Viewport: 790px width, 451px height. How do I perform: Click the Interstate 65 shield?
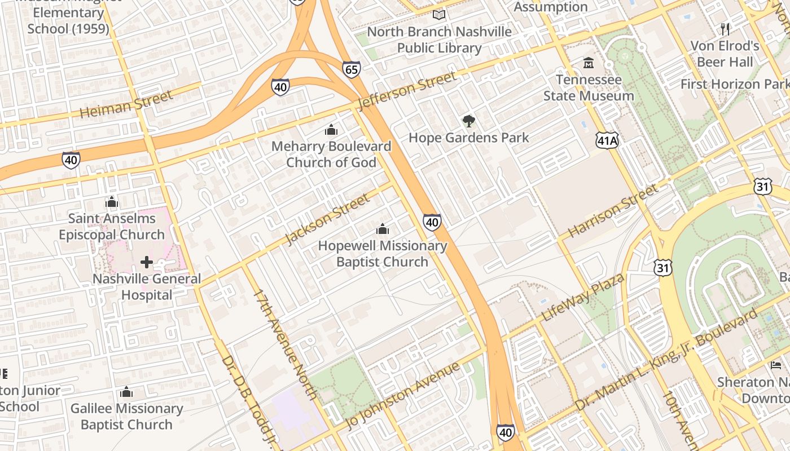(351, 69)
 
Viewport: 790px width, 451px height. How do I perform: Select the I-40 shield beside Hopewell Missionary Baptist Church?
(432, 222)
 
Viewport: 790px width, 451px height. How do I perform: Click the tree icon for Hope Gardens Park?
(468, 121)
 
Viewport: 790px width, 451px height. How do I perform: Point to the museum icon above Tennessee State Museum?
(589, 63)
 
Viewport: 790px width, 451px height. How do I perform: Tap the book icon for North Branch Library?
(439, 15)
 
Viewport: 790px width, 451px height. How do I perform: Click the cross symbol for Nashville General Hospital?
(147, 262)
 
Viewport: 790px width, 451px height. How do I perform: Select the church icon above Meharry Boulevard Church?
(331, 130)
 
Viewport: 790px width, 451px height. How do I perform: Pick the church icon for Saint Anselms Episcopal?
(112, 202)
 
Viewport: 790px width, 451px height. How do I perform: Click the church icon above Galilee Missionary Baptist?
(126, 392)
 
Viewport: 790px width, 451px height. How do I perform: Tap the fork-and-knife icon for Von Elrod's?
(726, 29)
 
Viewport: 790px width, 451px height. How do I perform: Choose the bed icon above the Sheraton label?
(776, 365)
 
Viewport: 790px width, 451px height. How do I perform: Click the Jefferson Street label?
(406, 91)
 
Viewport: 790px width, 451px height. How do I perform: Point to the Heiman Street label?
(126, 104)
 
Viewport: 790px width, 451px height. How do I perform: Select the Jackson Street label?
(327, 219)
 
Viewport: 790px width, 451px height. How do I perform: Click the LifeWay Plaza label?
(582, 297)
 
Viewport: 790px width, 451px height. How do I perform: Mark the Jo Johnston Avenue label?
(402, 396)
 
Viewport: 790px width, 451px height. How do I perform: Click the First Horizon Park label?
(735, 84)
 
